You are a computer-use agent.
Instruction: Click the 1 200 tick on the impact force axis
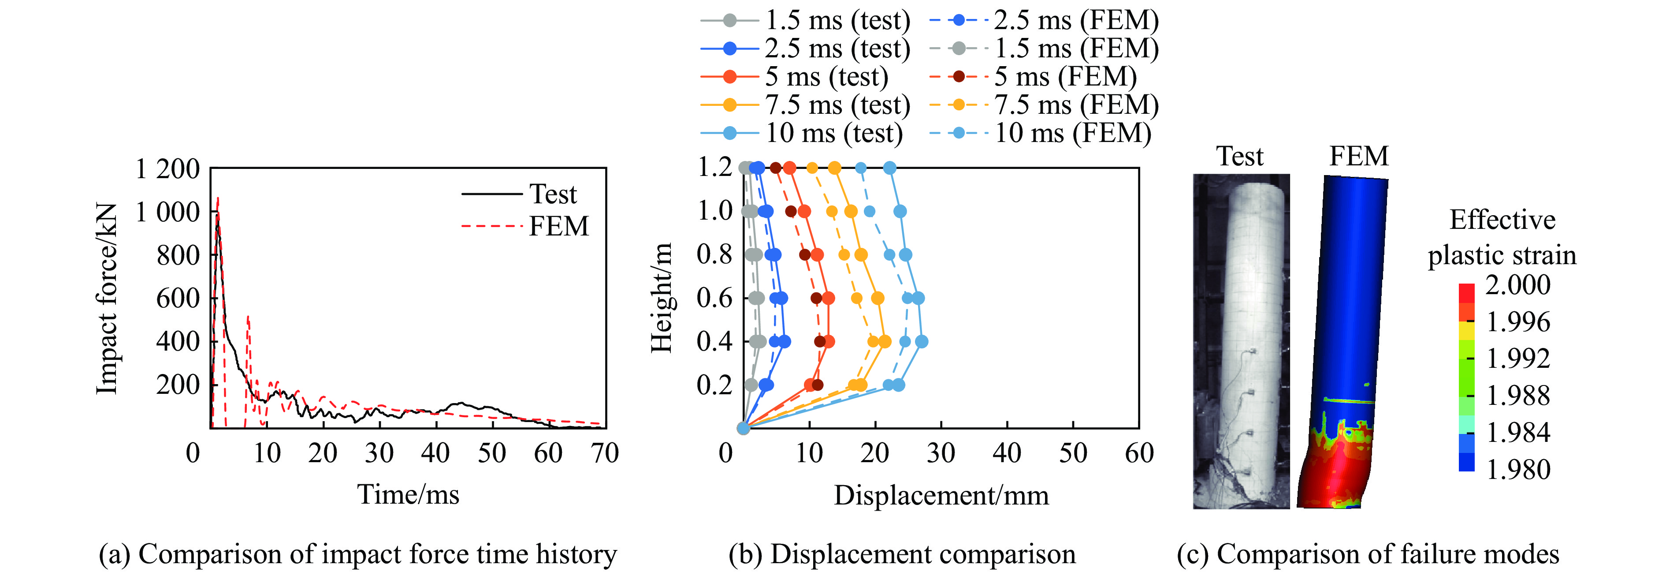(167, 169)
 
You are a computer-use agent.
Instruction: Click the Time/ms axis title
(408, 495)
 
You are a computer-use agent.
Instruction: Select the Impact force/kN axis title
(107, 298)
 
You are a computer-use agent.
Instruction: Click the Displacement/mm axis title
(941, 496)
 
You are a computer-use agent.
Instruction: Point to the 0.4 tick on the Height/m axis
(714, 341)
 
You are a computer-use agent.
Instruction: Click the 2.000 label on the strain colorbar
(1517, 285)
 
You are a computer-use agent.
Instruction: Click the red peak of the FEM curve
(218, 198)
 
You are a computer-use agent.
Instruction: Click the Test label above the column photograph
(1240, 157)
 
